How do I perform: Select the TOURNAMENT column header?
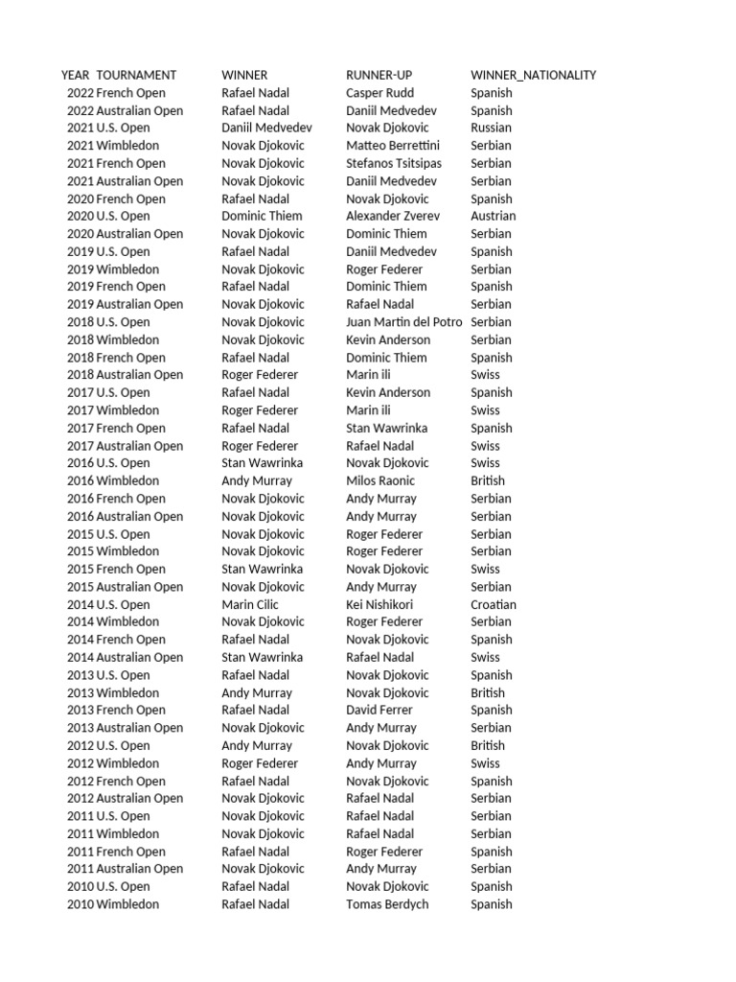[x=136, y=75]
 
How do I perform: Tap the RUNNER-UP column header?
[x=379, y=75]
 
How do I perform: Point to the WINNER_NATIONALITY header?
[x=533, y=75]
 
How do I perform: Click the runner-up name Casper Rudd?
[x=379, y=93]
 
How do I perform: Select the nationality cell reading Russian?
[x=491, y=128]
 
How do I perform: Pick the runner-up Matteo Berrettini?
[x=393, y=146]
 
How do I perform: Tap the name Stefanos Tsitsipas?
[x=394, y=163]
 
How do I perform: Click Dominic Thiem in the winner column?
[x=262, y=216]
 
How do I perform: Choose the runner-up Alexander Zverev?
[x=392, y=216]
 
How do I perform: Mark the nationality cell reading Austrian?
[x=493, y=216]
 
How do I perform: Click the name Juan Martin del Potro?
[x=403, y=322]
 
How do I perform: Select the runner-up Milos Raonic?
[x=380, y=480]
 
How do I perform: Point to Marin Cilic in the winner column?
[x=251, y=604]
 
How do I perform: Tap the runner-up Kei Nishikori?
[x=379, y=604]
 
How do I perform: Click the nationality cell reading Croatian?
[x=494, y=604]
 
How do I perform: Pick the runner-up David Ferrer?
[x=379, y=710]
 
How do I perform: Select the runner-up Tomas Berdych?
[x=387, y=904]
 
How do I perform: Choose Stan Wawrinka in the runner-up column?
[x=386, y=428]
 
